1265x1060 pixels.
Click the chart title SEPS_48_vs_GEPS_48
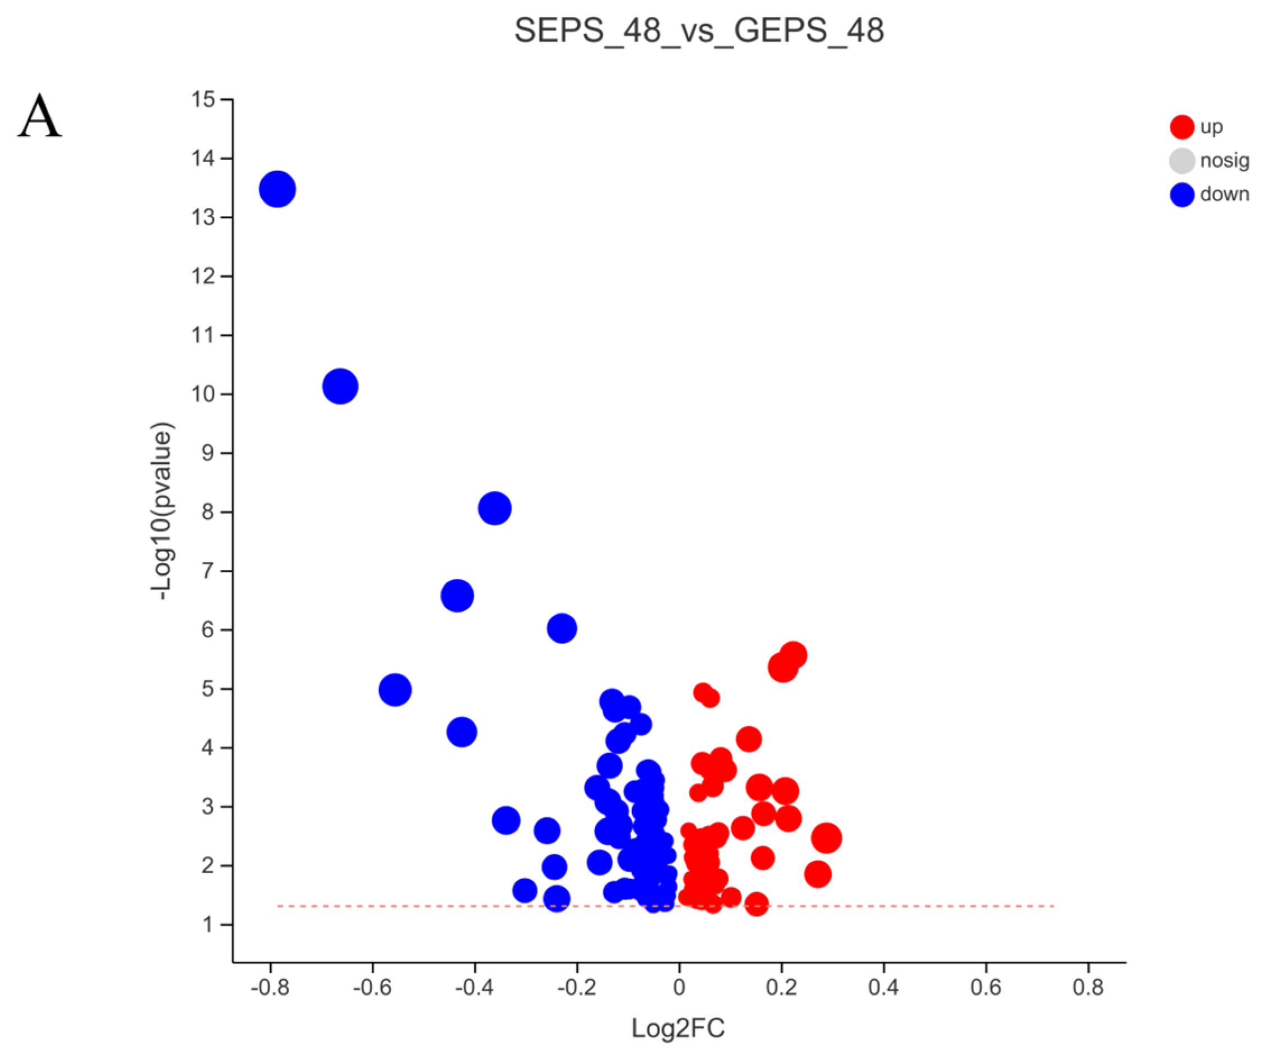coord(699,30)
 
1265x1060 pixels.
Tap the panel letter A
coord(40,116)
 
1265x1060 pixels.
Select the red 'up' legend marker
coord(1182,127)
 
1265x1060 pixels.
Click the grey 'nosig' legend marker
coord(1182,161)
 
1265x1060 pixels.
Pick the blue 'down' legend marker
coord(1182,195)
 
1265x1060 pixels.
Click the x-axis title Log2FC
coord(678,1028)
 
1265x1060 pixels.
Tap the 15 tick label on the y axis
coord(203,99)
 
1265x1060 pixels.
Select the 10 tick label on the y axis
coord(203,394)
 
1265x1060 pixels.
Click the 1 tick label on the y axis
coord(208,924)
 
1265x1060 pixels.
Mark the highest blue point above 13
coord(277,189)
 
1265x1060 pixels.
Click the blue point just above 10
coord(340,386)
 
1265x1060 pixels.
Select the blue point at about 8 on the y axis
coord(494,508)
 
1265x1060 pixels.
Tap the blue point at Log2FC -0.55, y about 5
coord(395,689)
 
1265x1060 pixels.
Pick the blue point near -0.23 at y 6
coord(562,629)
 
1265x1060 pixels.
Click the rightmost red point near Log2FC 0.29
coord(827,838)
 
